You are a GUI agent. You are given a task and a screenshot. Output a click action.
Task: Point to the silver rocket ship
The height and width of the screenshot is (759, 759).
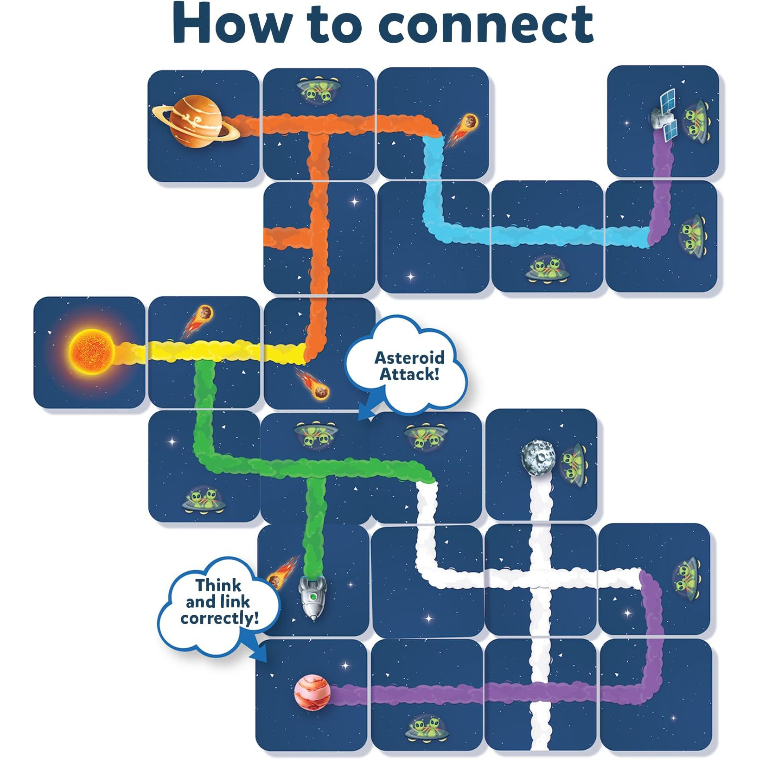312,596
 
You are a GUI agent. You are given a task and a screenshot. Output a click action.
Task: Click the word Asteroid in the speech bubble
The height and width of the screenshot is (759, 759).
409,358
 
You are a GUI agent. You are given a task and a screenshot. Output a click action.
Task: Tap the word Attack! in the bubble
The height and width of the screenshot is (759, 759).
409,374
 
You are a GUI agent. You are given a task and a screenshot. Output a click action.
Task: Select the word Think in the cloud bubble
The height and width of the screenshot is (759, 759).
218,585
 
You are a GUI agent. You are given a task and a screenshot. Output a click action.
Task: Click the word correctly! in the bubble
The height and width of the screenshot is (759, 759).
220,618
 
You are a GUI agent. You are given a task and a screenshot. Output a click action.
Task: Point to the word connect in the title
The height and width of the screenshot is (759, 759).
486,24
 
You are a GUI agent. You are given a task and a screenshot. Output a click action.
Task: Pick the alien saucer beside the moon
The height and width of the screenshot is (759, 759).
574,464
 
